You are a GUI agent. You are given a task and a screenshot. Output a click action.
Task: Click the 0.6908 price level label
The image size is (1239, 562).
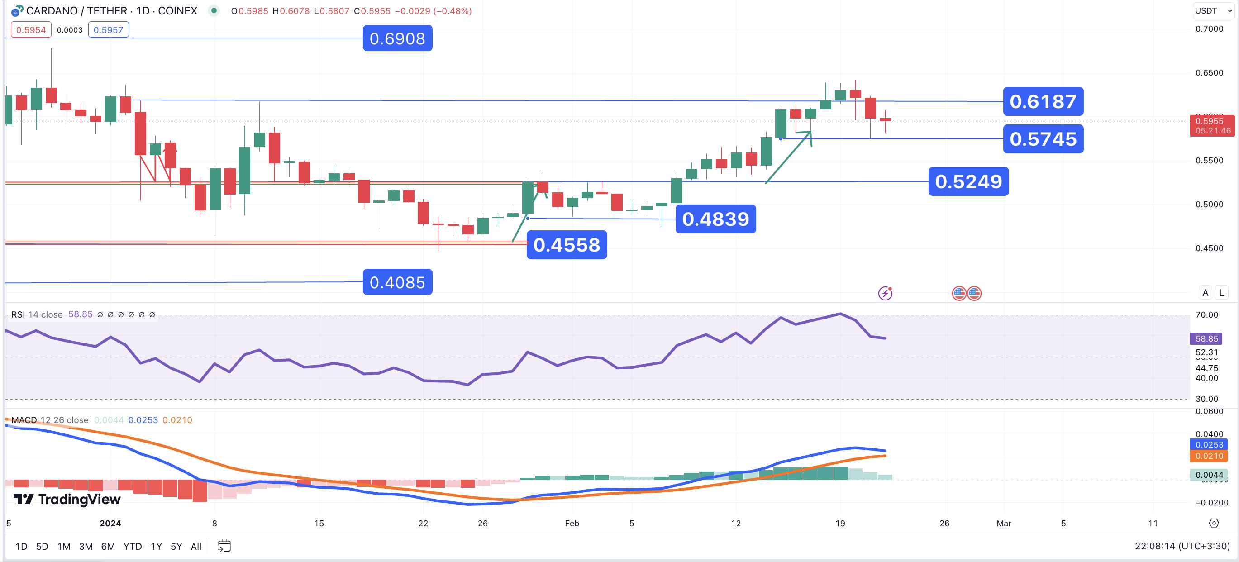coord(397,38)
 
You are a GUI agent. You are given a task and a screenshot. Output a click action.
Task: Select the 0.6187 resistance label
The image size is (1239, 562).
coord(1043,101)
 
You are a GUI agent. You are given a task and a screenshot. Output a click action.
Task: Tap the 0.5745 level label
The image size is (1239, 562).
coord(1043,139)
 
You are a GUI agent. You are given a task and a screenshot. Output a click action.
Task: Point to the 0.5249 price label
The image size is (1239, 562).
coord(968,181)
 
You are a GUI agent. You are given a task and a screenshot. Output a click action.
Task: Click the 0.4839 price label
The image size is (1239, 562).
coord(715,219)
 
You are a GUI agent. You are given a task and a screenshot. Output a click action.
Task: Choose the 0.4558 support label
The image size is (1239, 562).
coord(567,245)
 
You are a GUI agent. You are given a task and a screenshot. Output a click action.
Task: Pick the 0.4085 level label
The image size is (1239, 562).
coord(397,282)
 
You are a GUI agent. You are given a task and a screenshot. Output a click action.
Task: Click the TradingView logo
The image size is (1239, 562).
coord(67,499)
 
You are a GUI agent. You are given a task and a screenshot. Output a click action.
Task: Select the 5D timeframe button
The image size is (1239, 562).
coord(42,546)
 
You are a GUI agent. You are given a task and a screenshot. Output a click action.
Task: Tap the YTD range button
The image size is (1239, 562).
coord(132,546)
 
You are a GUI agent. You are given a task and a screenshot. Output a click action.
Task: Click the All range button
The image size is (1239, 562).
coord(196,546)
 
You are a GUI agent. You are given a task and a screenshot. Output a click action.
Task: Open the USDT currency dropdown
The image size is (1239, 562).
coord(1212,10)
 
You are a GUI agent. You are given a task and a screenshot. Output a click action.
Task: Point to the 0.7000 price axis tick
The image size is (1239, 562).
coord(1209,29)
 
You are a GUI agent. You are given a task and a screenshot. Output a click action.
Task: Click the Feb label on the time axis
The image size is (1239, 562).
coord(572,523)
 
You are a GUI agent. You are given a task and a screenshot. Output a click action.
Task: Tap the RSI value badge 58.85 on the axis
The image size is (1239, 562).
coord(1206,338)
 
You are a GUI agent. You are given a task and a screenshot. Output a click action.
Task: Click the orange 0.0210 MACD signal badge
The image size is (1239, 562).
coord(1209,456)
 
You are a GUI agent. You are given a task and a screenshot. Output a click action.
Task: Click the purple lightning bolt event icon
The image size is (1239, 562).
coord(885,293)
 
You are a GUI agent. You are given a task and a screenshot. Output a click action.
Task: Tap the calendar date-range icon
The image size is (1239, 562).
coord(224,546)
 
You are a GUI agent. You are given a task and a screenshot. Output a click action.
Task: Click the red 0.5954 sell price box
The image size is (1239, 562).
coord(31,30)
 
